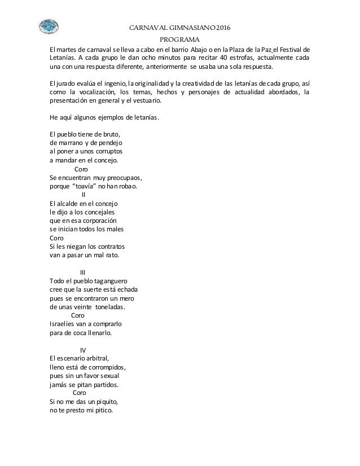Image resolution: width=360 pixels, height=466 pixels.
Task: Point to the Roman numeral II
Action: point(84,195)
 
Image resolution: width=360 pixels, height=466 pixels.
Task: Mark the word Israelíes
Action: point(65,324)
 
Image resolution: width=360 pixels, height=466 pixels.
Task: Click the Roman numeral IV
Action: point(84,349)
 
